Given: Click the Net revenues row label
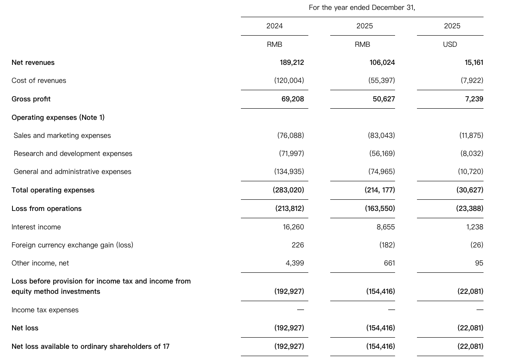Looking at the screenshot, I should pos(33,63).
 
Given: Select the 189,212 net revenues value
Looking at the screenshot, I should pos(292,63).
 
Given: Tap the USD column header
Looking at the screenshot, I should pos(450,45).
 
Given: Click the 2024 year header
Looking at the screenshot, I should pos(274,26).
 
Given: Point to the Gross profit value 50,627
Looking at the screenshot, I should pos(383,99).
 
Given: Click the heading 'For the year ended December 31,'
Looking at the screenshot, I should pos(362,8).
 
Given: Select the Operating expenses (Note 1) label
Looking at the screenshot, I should pos(58,118).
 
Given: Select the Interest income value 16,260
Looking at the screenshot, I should pos(293,227).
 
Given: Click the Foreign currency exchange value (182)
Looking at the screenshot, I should pos(387,245).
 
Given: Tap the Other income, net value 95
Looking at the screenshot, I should pos(479,263).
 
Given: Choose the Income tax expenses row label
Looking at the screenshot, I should pos(45,310).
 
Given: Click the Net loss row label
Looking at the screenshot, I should pos(25,328).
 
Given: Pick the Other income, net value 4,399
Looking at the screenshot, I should pos(295,263).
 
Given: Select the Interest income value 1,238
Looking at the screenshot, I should pos(475,227).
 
